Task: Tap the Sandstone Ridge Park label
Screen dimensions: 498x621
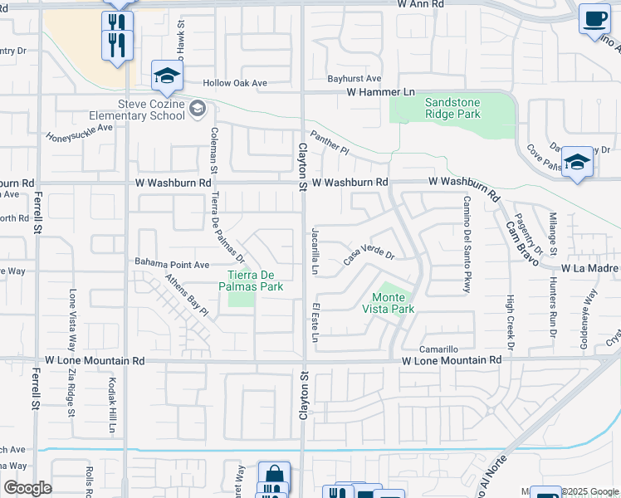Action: coord(452,107)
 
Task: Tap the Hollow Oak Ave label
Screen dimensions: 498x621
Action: coord(237,83)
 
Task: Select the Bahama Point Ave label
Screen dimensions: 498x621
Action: coord(172,264)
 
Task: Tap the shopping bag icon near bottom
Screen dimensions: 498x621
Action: coord(274,476)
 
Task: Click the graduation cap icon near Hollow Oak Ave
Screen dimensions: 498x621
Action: coord(167,76)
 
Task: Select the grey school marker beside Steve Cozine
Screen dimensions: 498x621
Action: coord(197,108)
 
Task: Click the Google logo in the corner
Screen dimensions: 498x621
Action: coord(27,488)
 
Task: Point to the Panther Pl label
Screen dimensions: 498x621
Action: coord(330,142)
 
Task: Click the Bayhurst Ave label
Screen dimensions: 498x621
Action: coord(354,79)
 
